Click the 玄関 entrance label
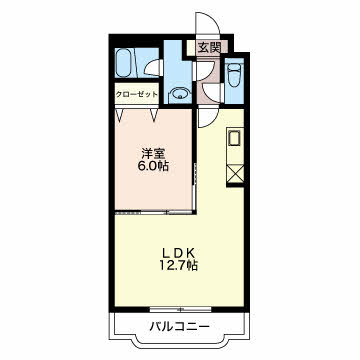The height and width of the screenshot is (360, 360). [x=209, y=47]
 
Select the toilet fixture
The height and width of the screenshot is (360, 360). [x=233, y=75]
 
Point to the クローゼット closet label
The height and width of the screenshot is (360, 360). [x=136, y=96]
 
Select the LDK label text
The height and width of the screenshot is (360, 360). [x=179, y=251]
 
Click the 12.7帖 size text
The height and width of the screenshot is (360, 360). [x=179, y=266]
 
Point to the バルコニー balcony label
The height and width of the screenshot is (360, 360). [x=180, y=327]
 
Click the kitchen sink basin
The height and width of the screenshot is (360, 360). [x=235, y=138]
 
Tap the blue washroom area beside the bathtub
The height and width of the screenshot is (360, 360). [x=170, y=70]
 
